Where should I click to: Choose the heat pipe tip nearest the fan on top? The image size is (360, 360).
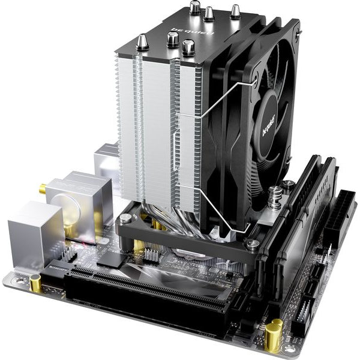click(x=235, y=11)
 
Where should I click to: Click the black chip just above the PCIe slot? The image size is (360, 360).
click(x=110, y=259)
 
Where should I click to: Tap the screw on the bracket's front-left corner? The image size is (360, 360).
click(x=125, y=220)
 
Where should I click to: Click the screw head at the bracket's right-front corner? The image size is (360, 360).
click(x=253, y=244)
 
